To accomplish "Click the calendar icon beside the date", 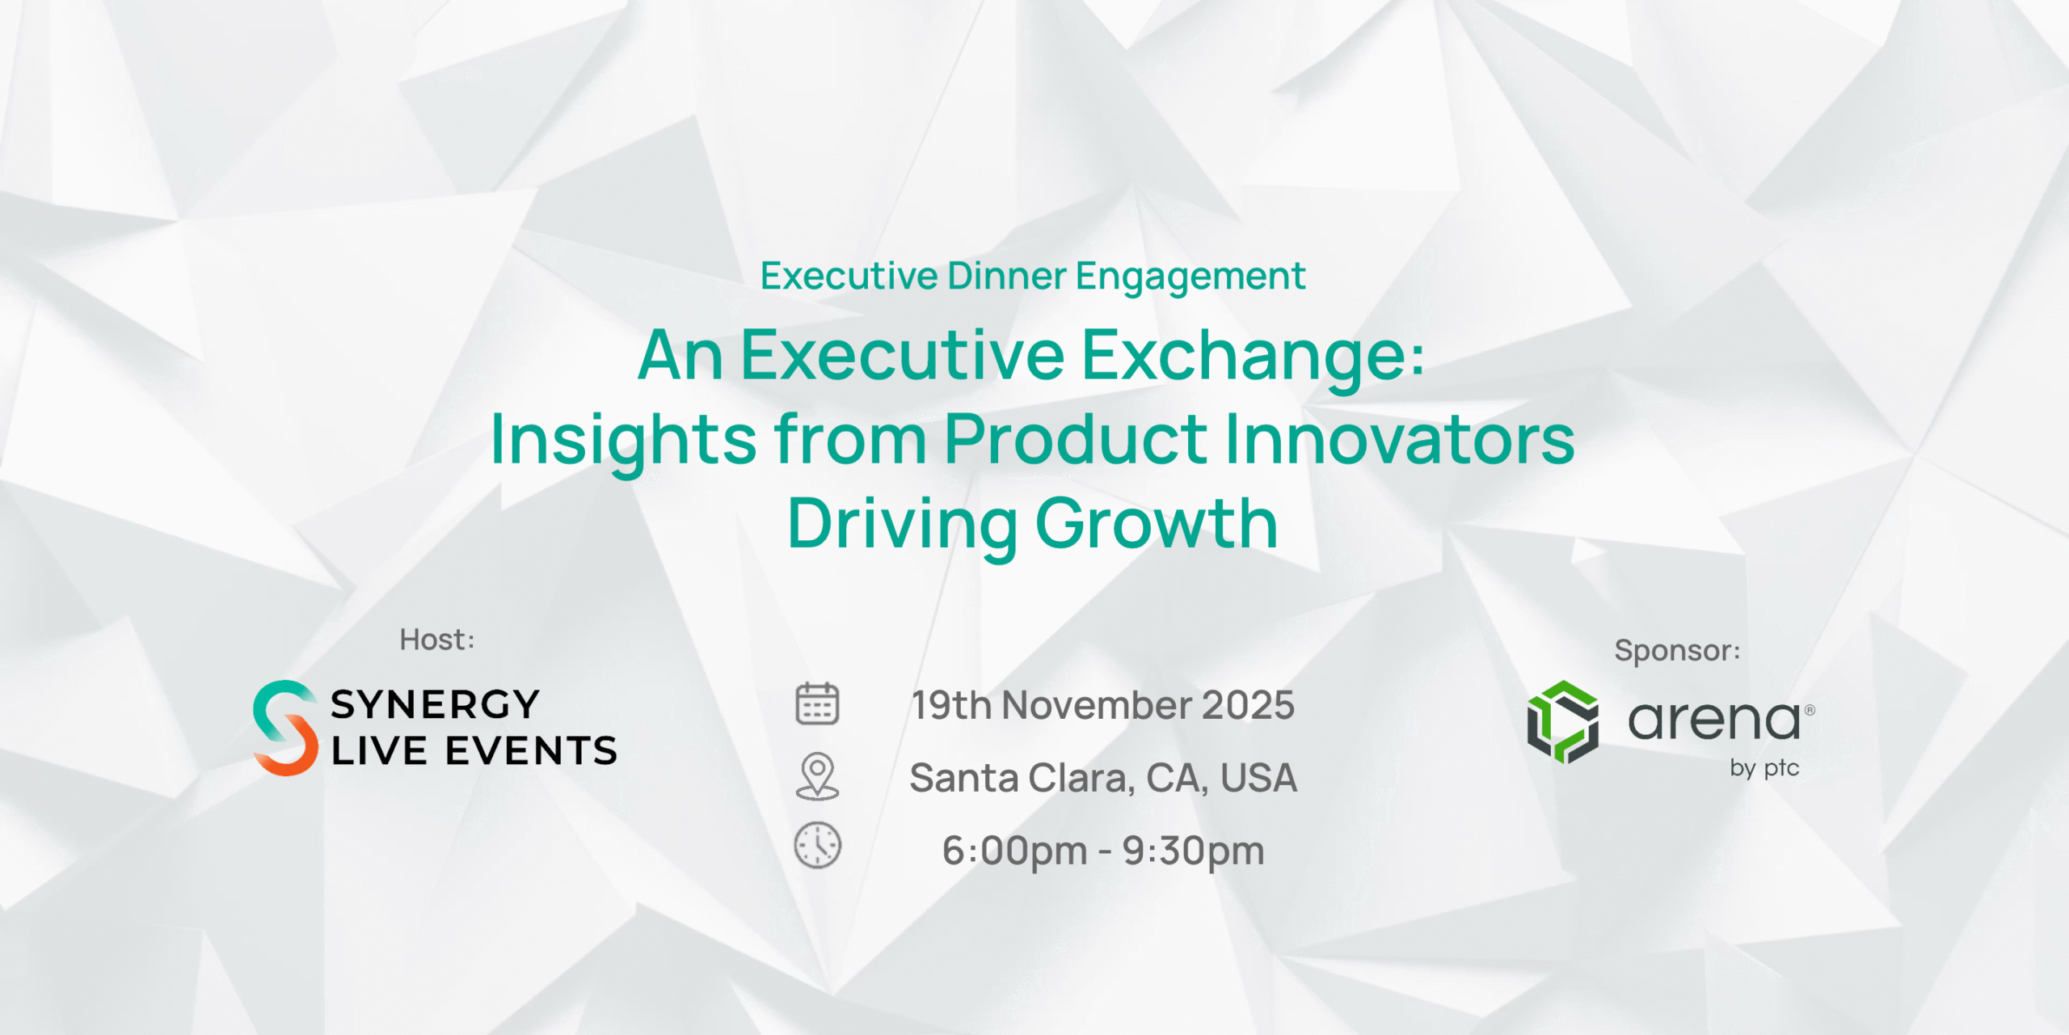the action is pyautogui.click(x=817, y=703).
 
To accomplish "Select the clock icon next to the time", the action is pyautogui.click(x=818, y=846).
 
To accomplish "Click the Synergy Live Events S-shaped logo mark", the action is pyautogui.click(x=285, y=728).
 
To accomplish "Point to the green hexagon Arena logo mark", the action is pyautogui.click(x=1562, y=722).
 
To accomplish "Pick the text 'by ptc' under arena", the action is pyautogui.click(x=1764, y=768).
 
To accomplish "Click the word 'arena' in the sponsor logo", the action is pyautogui.click(x=1713, y=720).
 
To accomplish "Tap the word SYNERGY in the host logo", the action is pyautogui.click(x=435, y=704).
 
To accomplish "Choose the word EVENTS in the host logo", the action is pyautogui.click(x=531, y=751).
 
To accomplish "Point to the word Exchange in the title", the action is pyautogui.click(x=1253, y=356).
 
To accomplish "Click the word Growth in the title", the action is pyautogui.click(x=1157, y=524).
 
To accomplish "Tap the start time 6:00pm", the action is pyautogui.click(x=1014, y=851).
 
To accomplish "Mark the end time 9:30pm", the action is pyautogui.click(x=1194, y=851).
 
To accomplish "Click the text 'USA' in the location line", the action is pyautogui.click(x=1258, y=778).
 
